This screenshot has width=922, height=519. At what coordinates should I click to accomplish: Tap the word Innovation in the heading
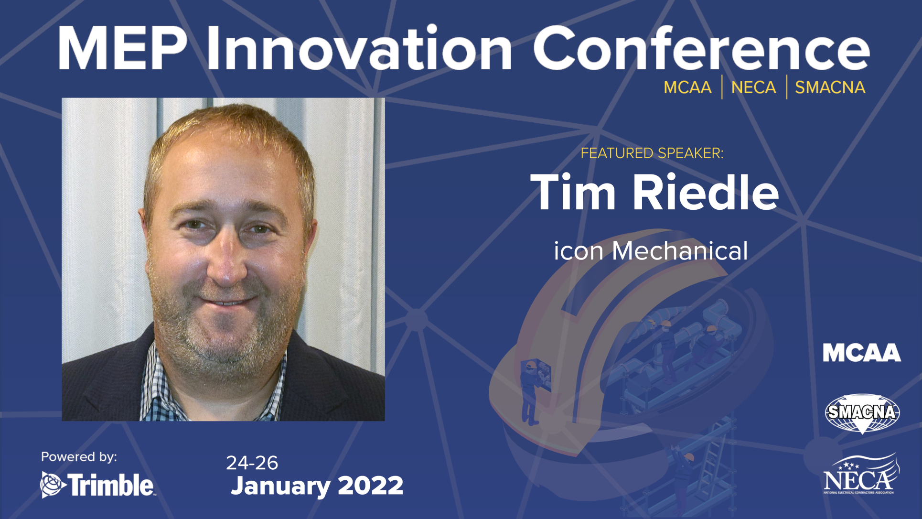(359, 49)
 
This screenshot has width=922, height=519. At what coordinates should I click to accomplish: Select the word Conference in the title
(701, 49)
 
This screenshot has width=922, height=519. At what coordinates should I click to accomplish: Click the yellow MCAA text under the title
(687, 87)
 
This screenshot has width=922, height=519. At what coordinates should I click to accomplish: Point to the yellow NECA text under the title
(753, 87)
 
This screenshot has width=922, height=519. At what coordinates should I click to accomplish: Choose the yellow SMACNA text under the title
(830, 87)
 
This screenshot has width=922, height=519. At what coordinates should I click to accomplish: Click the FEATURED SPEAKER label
(652, 153)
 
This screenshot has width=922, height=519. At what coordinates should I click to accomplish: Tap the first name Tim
(573, 193)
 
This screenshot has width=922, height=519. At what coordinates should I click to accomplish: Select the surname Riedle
(706, 193)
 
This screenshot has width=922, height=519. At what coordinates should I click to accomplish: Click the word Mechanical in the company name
(680, 251)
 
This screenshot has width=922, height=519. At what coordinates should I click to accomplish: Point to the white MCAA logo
(861, 353)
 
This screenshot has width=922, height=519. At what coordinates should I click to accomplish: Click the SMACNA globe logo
(862, 412)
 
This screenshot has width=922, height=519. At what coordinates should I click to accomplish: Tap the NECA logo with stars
(861, 476)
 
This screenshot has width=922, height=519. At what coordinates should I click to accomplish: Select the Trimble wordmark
(111, 485)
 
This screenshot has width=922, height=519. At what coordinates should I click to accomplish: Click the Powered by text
(79, 457)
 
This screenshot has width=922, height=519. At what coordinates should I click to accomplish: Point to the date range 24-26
(252, 463)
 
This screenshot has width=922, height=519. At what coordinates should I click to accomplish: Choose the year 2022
(370, 486)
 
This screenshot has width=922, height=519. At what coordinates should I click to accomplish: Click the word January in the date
(280, 486)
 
